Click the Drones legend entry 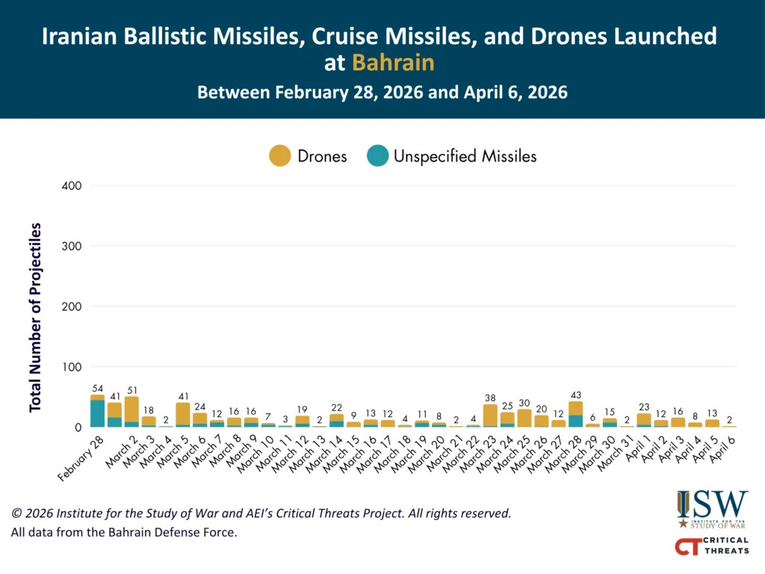tap(308, 156)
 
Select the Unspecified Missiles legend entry tap(451, 156)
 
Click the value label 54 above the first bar tap(97, 389)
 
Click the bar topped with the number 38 tap(490, 416)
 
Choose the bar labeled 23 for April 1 tap(644, 419)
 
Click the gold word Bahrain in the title tap(393, 63)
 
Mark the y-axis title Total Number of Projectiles tap(35, 317)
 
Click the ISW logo tap(712, 508)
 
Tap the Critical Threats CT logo tap(711, 546)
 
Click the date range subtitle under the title tap(382, 93)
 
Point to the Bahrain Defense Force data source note tap(123, 533)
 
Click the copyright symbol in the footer tap(16, 514)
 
